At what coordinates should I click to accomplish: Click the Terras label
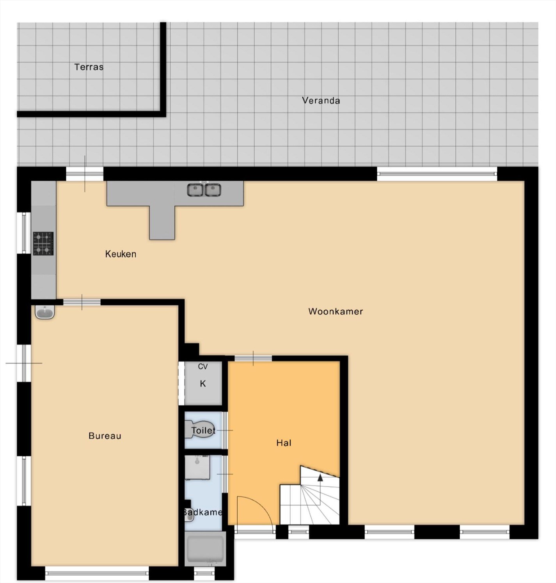(x=89, y=67)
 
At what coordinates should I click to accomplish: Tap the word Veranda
(x=321, y=101)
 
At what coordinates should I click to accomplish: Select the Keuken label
(x=121, y=254)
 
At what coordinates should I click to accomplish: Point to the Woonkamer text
(x=336, y=311)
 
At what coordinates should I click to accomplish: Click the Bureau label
(x=105, y=436)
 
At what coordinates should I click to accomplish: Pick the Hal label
(x=284, y=443)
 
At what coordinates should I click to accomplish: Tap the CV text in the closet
(x=203, y=367)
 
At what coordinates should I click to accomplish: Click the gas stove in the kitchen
(x=43, y=243)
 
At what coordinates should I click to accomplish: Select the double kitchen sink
(x=204, y=190)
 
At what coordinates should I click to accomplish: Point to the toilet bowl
(x=198, y=429)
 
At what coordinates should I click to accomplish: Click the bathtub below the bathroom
(x=205, y=548)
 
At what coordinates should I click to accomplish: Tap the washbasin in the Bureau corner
(x=45, y=312)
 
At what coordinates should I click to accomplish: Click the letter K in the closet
(x=203, y=384)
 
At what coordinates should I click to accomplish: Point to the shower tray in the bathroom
(x=197, y=467)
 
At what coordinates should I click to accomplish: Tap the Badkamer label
(x=203, y=512)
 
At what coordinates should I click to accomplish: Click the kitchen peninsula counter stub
(x=162, y=222)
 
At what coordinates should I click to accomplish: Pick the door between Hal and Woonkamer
(x=253, y=358)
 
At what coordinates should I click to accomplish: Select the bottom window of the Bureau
(x=97, y=573)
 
